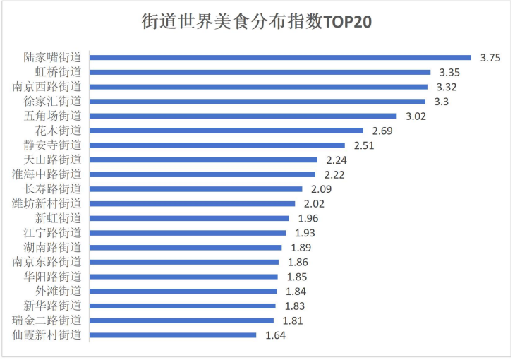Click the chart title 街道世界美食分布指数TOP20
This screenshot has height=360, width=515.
pos(257,23)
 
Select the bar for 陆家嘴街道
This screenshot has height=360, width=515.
pos(281,57)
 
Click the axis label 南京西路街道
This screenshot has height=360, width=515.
pos(47,86)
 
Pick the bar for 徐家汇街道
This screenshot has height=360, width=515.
pos(258,101)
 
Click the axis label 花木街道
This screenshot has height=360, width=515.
pos(59,130)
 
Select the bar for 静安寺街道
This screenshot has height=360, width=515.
pos(218,145)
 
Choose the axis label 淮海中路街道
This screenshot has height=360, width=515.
pos(47,174)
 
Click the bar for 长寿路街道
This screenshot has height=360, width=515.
pos(196,188)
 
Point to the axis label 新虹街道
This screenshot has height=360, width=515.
pos(59,217)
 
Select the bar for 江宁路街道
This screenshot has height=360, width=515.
pos(188,232)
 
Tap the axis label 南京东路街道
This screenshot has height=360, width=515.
pos(47,261)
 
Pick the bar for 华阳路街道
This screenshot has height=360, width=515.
pos(184,277)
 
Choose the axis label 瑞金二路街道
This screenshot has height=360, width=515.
pos(47,320)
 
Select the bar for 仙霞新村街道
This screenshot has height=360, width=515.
pos(174,335)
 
